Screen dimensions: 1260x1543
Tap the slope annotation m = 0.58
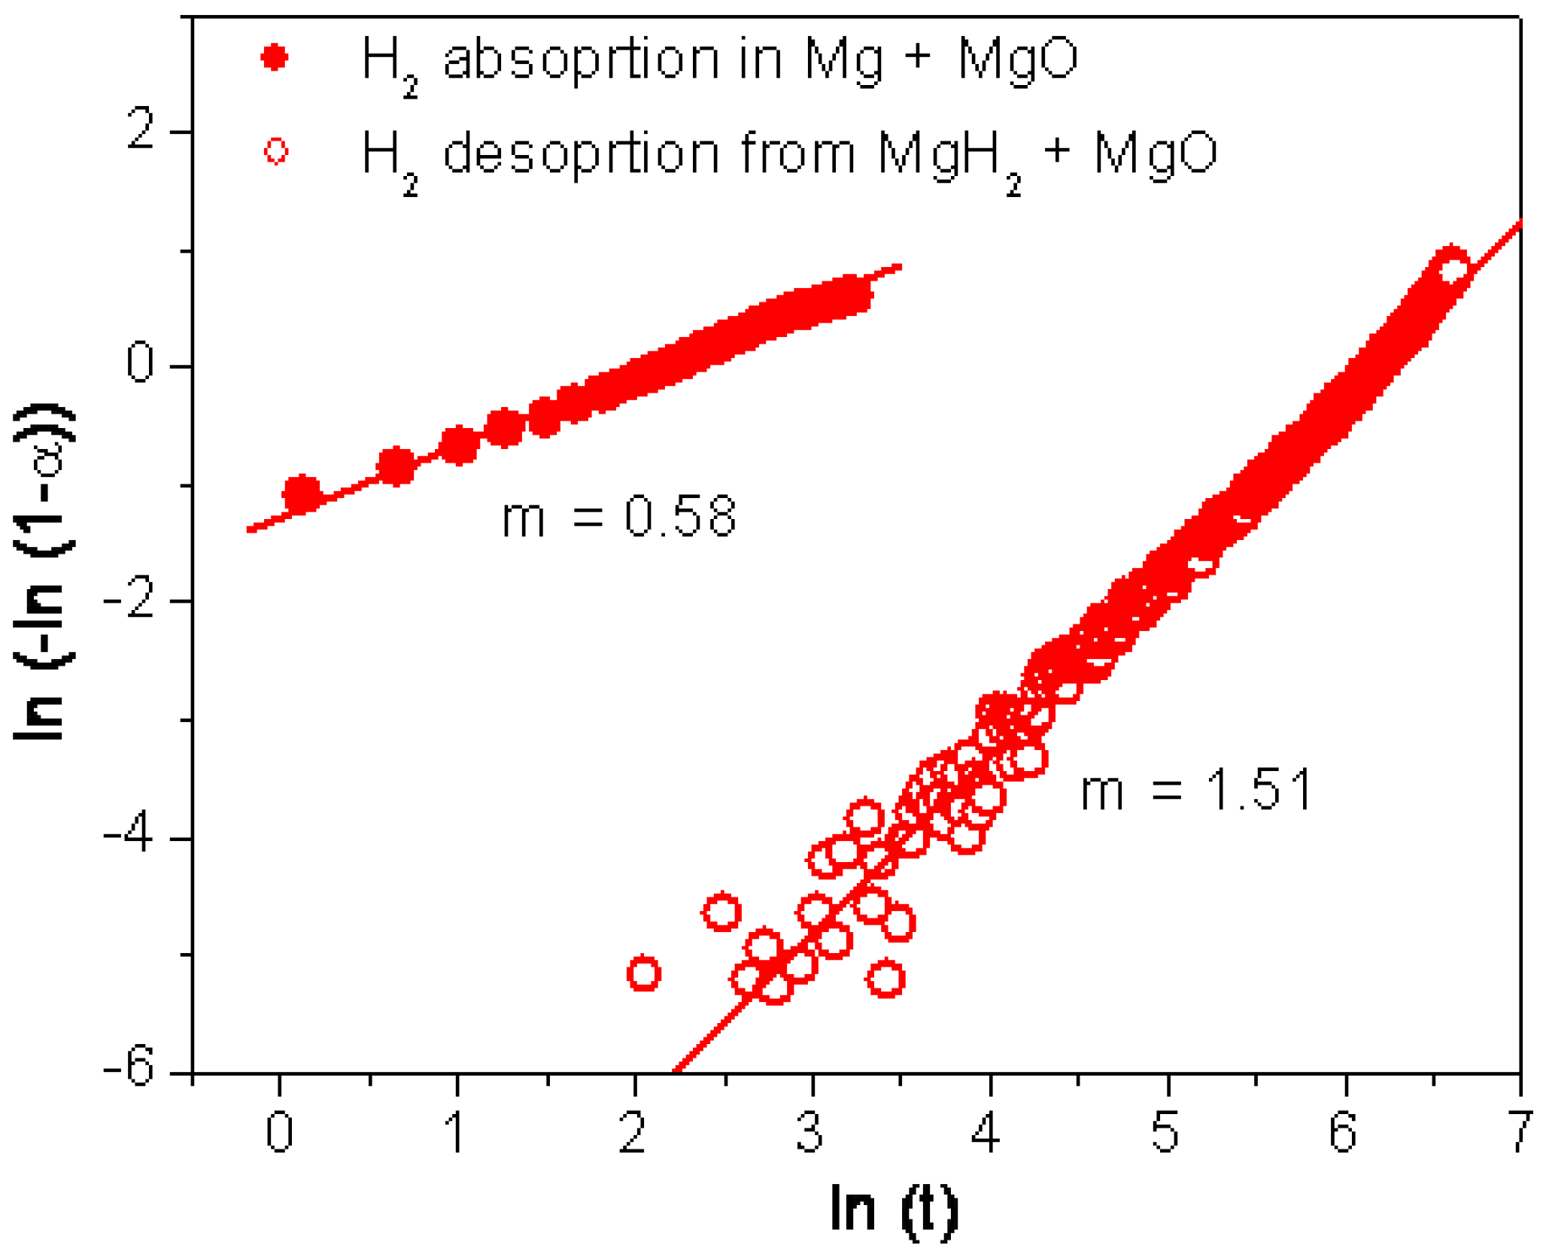tap(618, 517)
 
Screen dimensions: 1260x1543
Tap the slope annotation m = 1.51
tap(1196, 791)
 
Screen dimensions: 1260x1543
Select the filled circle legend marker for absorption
tap(275, 57)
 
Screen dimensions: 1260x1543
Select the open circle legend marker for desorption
tap(276, 151)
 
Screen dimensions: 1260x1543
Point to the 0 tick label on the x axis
tap(279, 1133)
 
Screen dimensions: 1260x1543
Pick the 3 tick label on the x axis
tap(810, 1133)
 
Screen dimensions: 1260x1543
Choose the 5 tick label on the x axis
tap(1165, 1133)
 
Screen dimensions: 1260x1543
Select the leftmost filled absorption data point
tap(302, 494)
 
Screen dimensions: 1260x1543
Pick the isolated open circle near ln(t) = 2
tap(643, 974)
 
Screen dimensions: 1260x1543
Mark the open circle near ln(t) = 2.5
tap(721, 912)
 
